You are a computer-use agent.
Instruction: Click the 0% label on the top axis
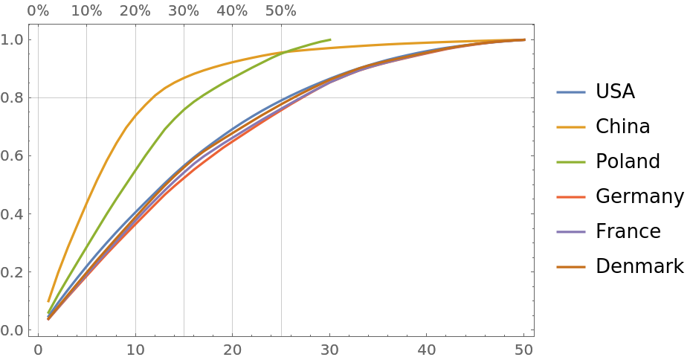[x=38, y=11]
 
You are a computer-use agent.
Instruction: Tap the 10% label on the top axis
[x=87, y=11]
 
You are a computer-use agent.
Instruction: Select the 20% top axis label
[x=135, y=11]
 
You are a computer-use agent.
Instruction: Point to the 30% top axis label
[x=184, y=11]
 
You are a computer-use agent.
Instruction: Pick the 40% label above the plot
[x=232, y=11]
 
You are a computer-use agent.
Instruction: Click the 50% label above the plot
[x=281, y=11]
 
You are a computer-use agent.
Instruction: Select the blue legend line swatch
[x=571, y=92]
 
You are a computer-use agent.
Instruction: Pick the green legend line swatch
[x=571, y=162]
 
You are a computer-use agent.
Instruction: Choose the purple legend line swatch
[x=571, y=232]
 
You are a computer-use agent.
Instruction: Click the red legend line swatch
[x=571, y=197]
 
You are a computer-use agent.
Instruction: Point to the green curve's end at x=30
[x=329, y=39]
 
